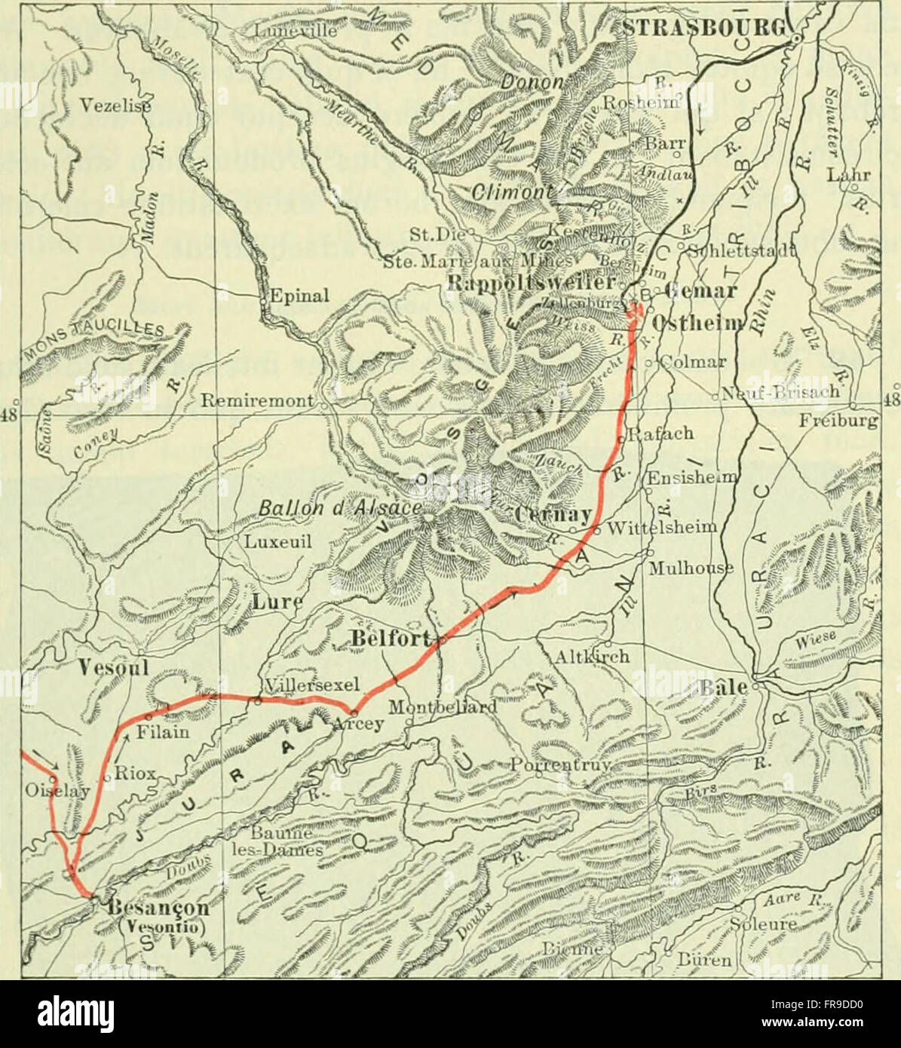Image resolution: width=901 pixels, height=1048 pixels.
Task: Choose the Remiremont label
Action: click(256, 402)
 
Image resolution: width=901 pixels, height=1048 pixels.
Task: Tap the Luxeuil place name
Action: click(277, 541)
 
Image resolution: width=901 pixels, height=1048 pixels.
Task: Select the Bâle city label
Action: click(724, 688)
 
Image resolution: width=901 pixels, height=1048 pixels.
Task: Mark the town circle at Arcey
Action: click(353, 712)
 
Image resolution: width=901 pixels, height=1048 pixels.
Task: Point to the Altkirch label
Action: click(591, 656)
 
